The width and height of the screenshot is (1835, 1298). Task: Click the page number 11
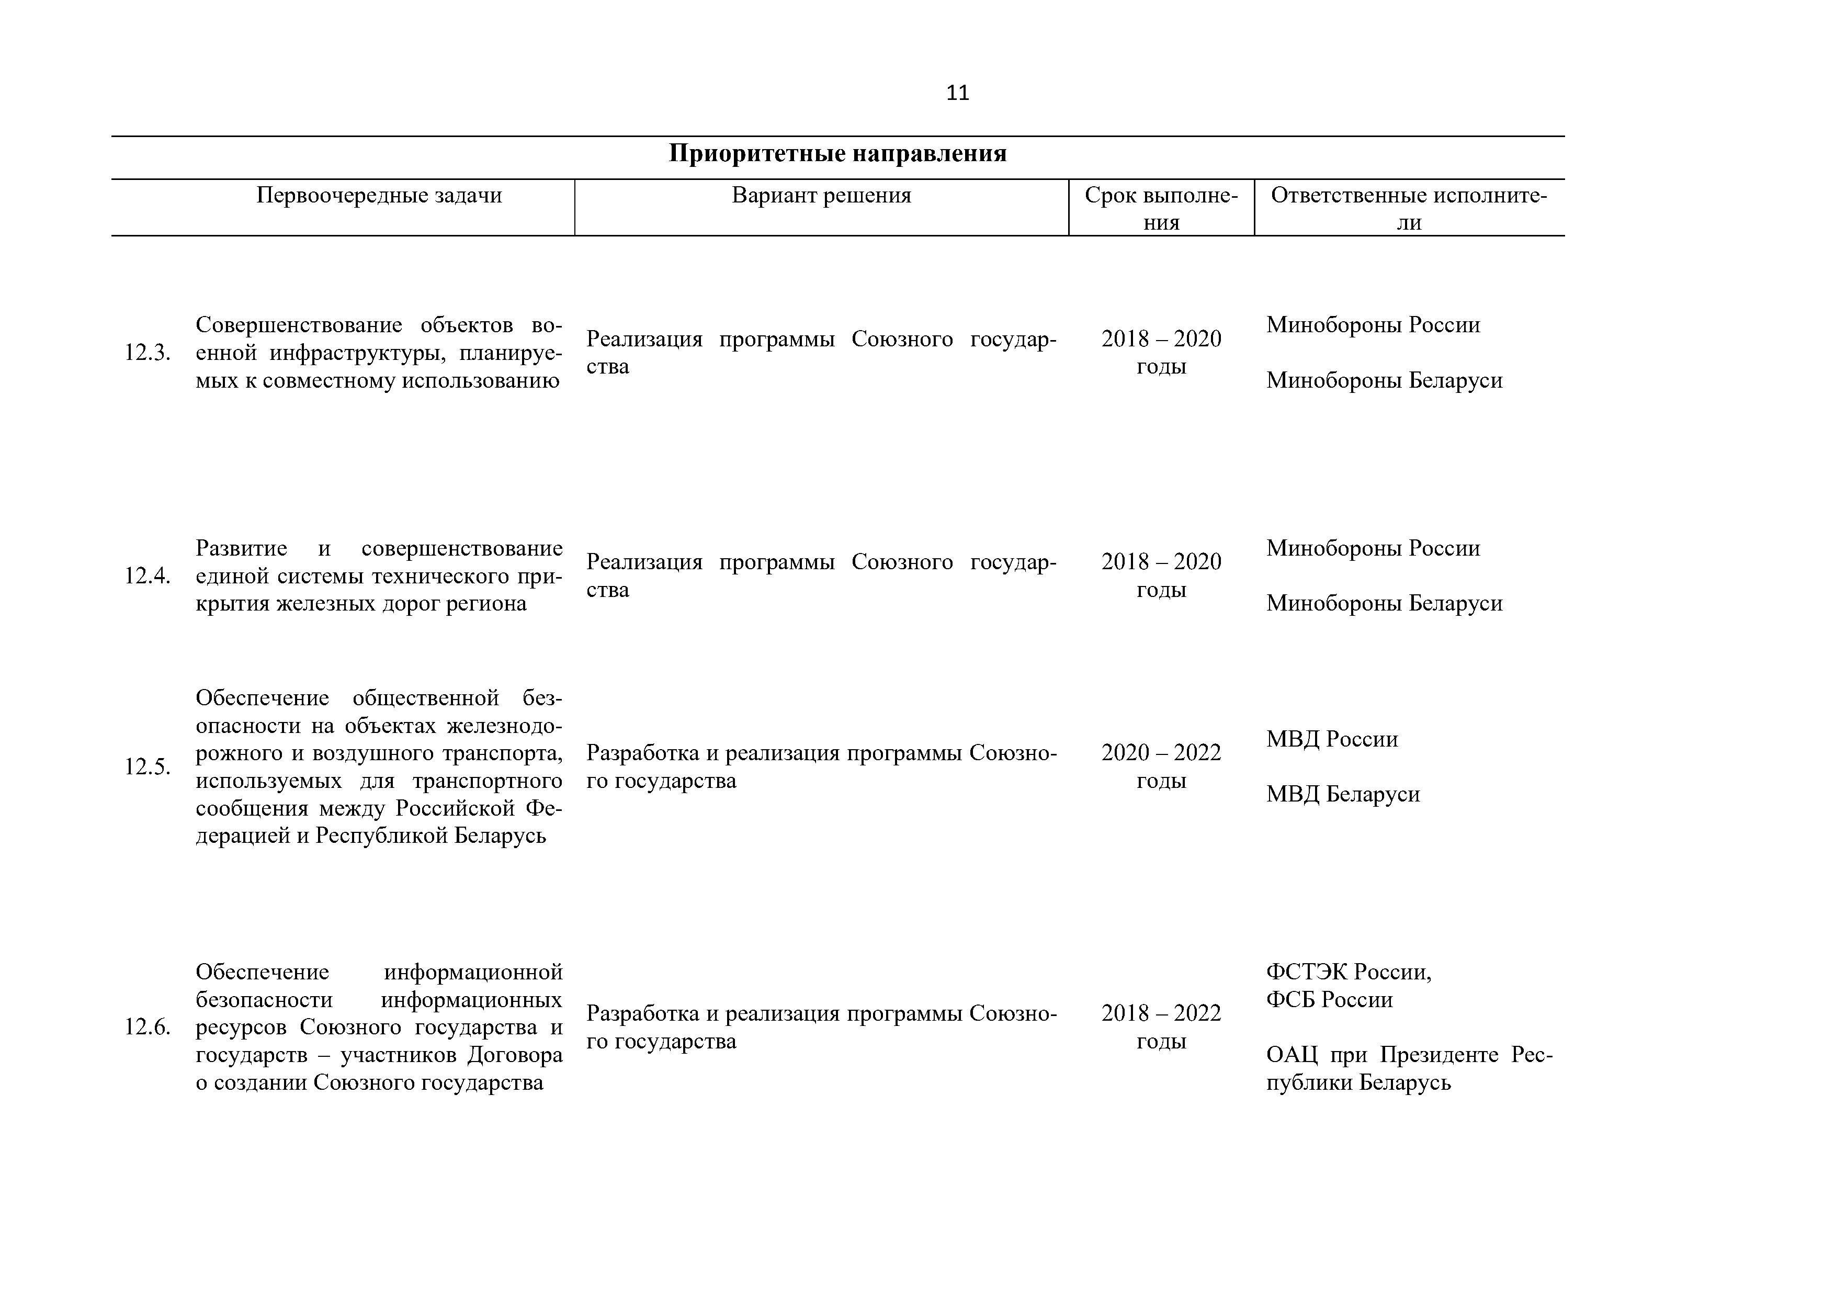(957, 94)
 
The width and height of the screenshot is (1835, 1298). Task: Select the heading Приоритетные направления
(837, 153)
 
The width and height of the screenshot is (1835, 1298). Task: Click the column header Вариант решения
(822, 196)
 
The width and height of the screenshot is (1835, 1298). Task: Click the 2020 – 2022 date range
(1161, 753)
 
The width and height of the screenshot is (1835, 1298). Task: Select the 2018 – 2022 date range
(1161, 1013)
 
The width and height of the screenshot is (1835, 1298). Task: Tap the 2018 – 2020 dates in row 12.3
(1161, 339)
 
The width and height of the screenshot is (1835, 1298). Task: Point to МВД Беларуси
(1343, 795)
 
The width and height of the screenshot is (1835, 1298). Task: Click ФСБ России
(1329, 1000)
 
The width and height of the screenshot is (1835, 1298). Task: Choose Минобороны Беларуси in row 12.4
(1384, 603)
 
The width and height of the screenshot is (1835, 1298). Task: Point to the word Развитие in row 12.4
(241, 548)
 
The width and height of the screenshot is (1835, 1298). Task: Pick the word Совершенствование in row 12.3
(299, 325)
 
